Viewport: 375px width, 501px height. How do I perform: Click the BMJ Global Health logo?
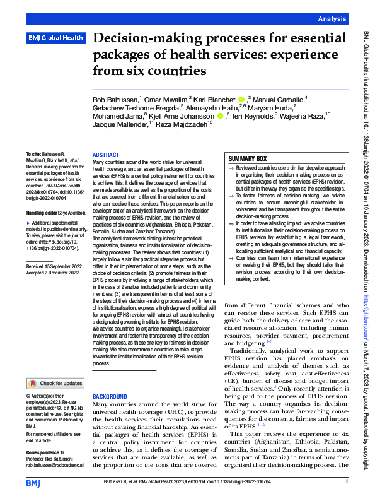click(x=55, y=38)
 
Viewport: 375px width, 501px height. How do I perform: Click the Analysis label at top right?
click(x=333, y=20)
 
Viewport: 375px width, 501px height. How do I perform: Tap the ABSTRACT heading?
click(x=105, y=155)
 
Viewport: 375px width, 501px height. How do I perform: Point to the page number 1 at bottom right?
click(x=347, y=481)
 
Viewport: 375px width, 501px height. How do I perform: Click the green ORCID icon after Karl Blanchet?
click(x=241, y=100)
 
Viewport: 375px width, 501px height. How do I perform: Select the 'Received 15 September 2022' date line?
click(x=54, y=285)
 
